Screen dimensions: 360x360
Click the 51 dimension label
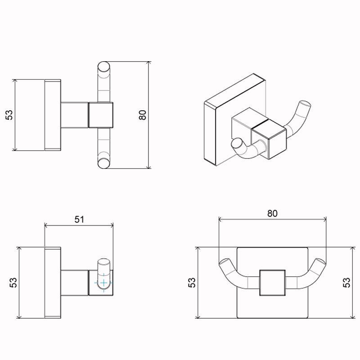coord(79,219)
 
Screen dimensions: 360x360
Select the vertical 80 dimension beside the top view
coord(143,115)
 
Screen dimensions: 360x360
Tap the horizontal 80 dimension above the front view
coord(272,213)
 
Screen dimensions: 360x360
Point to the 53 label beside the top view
coord(9,115)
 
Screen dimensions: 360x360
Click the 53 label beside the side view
coord(13,282)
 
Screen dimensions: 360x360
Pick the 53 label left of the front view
coord(192,282)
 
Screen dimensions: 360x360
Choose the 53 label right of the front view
coord(346,282)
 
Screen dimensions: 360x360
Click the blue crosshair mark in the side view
coord(104,283)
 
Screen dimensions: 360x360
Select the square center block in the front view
coord(272,283)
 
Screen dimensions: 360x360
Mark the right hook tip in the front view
coord(321,262)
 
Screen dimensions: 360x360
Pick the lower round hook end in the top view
coord(103,163)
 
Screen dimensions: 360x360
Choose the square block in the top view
coord(101,115)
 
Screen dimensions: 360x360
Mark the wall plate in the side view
coord(53,282)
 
